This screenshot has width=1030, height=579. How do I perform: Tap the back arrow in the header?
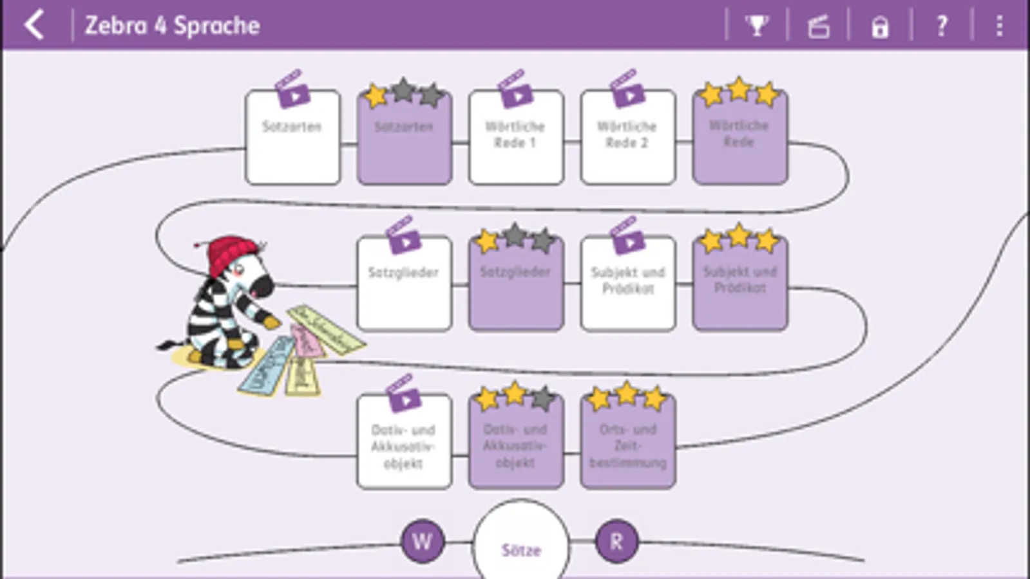tap(34, 25)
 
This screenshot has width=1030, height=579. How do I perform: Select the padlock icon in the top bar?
tap(880, 27)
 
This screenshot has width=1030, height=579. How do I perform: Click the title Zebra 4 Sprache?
tap(173, 26)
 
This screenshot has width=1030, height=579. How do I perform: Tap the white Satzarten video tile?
tap(293, 138)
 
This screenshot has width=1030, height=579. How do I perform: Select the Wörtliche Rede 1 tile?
tap(516, 138)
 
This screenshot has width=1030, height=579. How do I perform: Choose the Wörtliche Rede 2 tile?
tap(628, 138)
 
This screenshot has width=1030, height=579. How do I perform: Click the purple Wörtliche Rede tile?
tap(739, 138)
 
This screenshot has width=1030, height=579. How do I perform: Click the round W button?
tap(423, 542)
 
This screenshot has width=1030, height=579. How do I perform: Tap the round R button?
tap(616, 542)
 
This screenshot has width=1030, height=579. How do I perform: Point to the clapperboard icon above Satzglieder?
tap(403, 235)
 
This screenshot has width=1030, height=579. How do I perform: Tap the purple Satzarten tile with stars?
tap(405, 138)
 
